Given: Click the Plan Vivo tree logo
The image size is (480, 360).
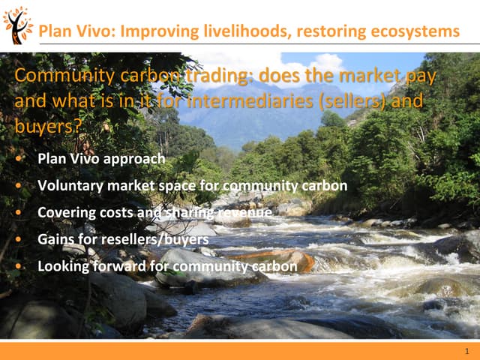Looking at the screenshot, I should coord(17,24).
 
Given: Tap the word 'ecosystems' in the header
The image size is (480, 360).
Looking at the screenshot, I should coord(413,31).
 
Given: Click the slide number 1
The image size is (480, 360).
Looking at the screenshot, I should coord(466,351).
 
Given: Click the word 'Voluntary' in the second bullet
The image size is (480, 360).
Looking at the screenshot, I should coord(69,186).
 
